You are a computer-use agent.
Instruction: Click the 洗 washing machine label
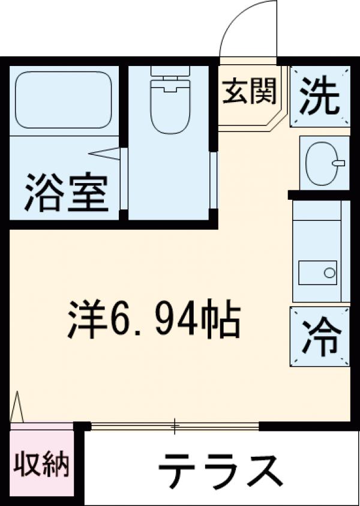(x=320, y=96)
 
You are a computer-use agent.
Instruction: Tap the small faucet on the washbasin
(x=339, y=162)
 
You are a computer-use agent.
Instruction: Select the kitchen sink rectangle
(x=318, y=274)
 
